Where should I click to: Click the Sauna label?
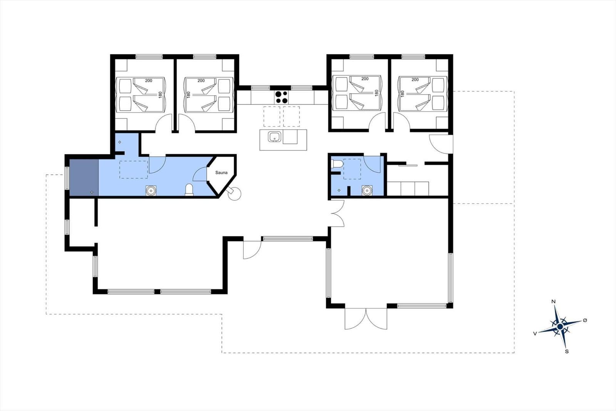[221, 173]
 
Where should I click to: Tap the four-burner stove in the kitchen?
[281, 97]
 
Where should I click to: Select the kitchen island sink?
[275, 136]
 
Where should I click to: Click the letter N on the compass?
[554, 302]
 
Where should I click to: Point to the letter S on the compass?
[567, 352]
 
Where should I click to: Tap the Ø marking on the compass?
[585, 320]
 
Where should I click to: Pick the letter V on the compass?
[535, 334]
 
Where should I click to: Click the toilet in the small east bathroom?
[337, 164]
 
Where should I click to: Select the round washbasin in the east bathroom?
[367, 190]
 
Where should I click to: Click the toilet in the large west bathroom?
[189, 190]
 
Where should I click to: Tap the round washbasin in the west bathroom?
[151, 190]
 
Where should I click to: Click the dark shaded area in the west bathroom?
[84, 177]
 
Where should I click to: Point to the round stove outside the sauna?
[234, 194]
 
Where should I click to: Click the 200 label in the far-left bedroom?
[149, 81]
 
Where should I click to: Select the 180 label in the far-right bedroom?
[403, 94]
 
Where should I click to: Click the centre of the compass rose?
[560, 327]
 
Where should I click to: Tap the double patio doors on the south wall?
[366, 318]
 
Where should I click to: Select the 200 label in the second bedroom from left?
[201, 81]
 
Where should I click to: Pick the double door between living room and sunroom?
[337, 214]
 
